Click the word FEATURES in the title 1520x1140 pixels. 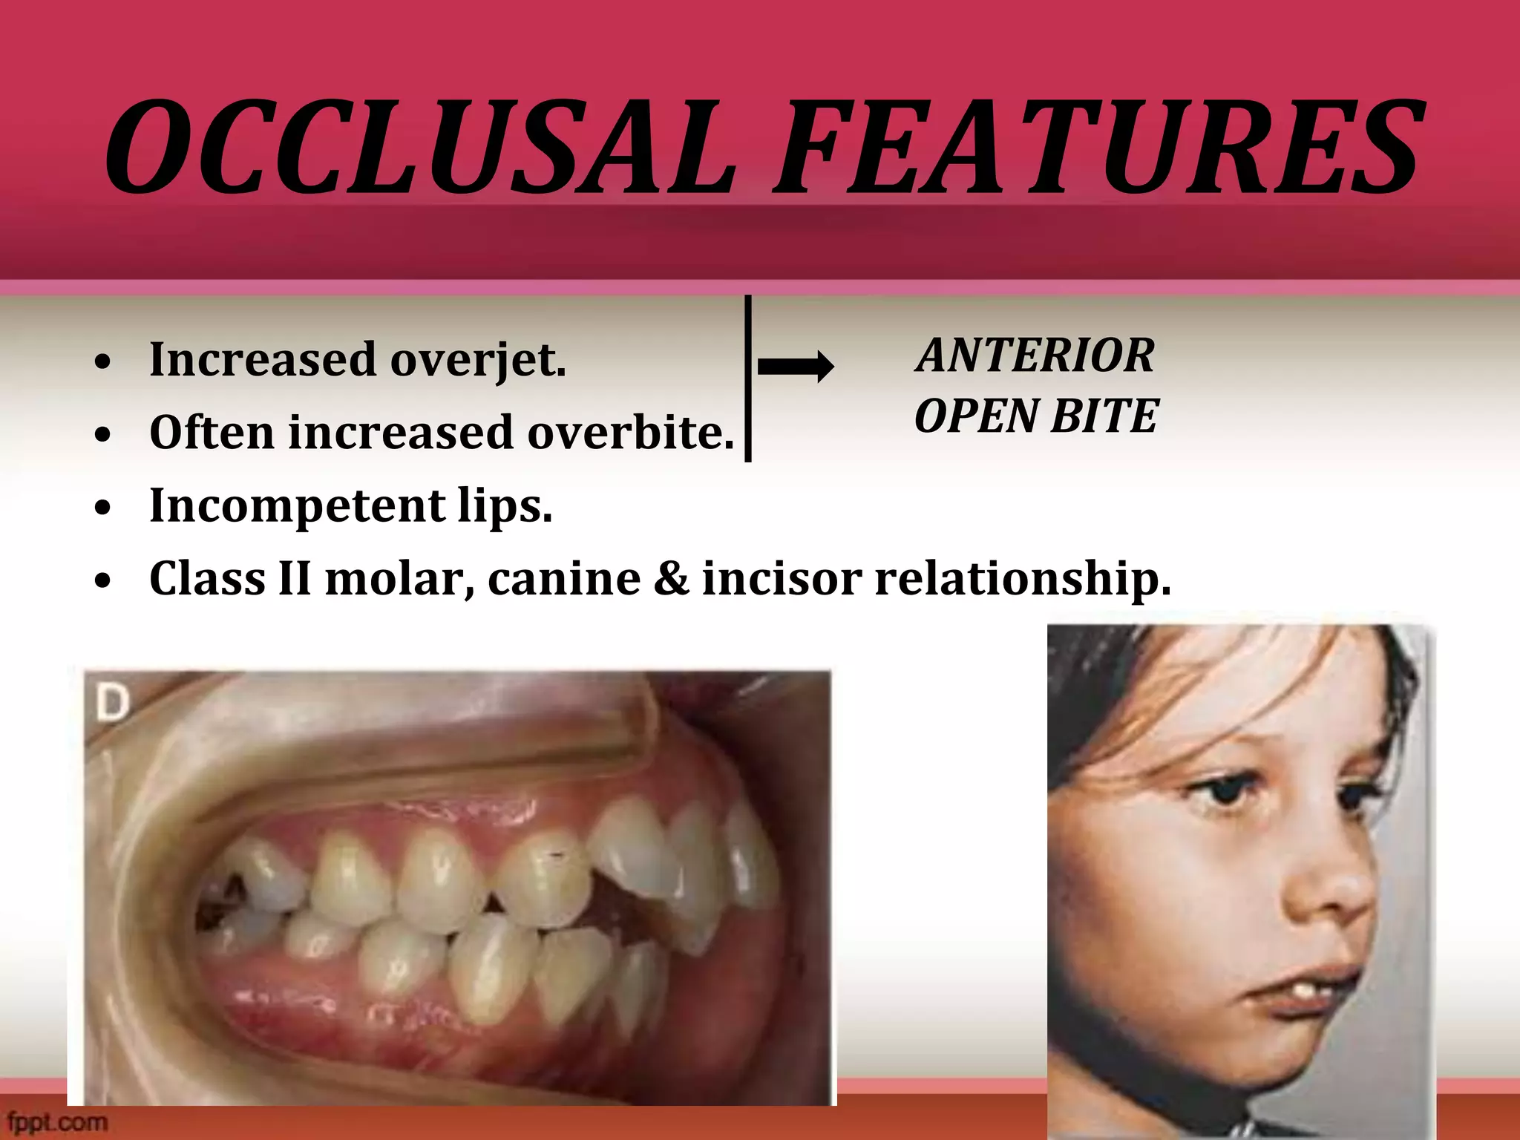(x=1099, y=148)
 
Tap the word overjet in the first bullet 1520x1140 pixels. (x=478, y=360)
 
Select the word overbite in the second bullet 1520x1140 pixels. (x=630, y=433)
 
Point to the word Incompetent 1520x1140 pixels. (x=297, y=506)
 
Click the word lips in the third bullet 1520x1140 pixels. (x=505, y=506)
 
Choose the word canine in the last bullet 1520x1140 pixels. (x=564, y=579)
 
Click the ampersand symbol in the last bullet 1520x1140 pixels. (x=672, y=579)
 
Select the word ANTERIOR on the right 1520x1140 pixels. (x=1035, y=356)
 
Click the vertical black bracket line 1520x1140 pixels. (x=748, y=379)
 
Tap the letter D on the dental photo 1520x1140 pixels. (x=112, y=702)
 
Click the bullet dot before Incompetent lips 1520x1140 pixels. (x=103, y=508)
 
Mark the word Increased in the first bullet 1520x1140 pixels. (x=263, y=360)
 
